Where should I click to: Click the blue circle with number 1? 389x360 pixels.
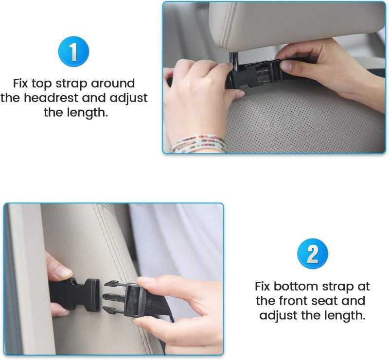click(73, 52)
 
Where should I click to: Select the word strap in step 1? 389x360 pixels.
click(78, 84)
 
